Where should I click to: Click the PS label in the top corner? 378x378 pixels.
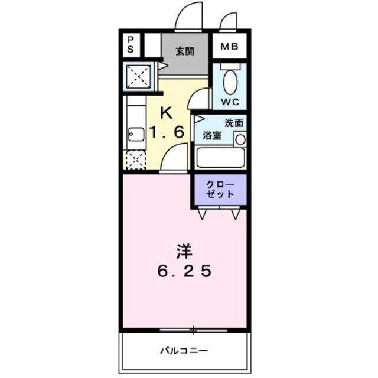tap(131, 44)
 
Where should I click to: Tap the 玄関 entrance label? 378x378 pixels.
tap(184, 51)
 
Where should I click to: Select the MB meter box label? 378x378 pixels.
tap(229, 47)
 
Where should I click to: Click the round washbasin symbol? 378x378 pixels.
tap(240, 139)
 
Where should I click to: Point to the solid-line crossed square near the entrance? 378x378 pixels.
tap(141, 76)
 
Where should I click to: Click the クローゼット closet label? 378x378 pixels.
tap(219, 189)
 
